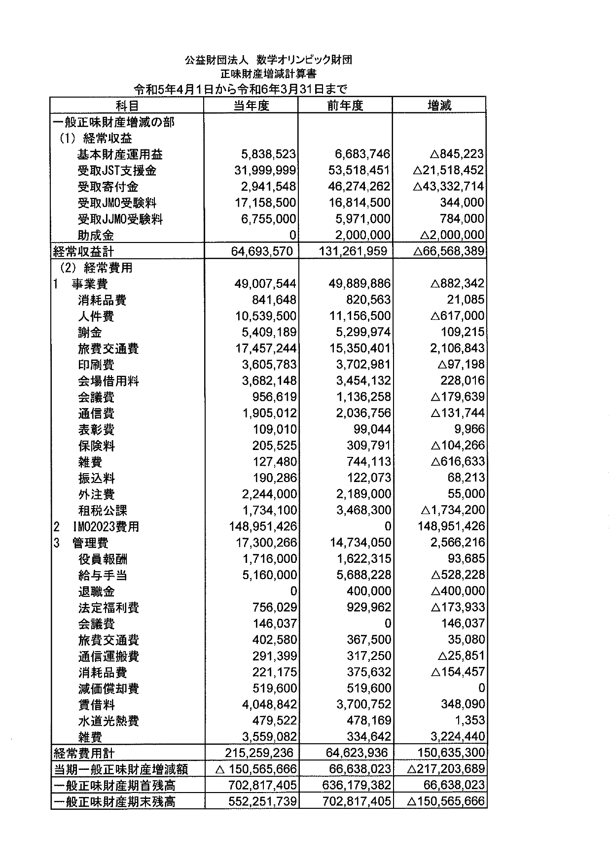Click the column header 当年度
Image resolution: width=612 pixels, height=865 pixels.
pos(251,105)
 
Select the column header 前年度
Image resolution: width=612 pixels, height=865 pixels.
pos(345,105)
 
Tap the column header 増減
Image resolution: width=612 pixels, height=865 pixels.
pos(439,105)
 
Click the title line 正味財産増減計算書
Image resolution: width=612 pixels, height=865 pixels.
pos(268,74)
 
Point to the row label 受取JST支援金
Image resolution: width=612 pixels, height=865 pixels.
pos(117,171)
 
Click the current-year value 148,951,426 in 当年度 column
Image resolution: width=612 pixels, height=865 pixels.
pos(263,526)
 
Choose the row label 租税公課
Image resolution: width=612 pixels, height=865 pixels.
pos(103,510)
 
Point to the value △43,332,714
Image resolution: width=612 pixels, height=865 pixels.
pos(448,187)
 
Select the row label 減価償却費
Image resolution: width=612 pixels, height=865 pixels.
pos(108,689)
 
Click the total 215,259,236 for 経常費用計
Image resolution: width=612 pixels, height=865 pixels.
pos(259,753)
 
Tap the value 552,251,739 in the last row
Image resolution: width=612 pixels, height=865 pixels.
pos(262,801)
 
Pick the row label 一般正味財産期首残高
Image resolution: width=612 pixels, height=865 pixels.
pos(114,785)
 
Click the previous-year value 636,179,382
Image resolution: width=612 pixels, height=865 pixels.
pos(357,785)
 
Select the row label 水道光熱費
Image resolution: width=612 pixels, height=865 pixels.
pos(108,721)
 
